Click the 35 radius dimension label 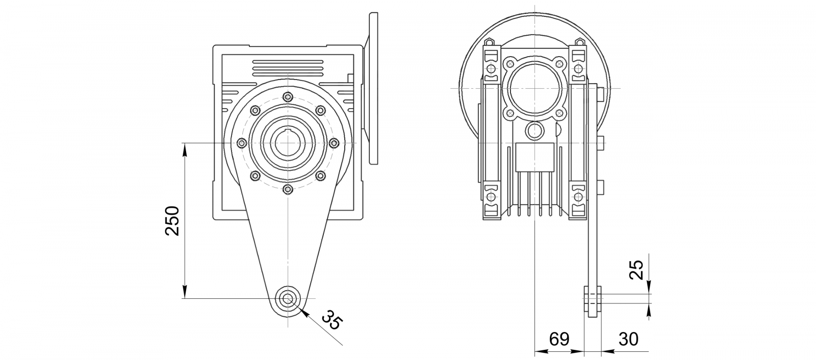[333, 320]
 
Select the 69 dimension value [559, 339]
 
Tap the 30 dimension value [628, 339]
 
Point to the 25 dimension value [637, 270]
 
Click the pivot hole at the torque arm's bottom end [288, 298]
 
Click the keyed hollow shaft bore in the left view [288, 143]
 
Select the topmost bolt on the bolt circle [288, 97]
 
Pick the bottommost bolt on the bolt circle [288, 189]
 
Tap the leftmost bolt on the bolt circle [242, 143]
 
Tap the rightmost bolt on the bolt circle [334, 143]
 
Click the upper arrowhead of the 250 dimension [185, 149]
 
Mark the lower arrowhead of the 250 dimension [185, 292]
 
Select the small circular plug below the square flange [534, 130]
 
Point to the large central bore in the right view [534, 89]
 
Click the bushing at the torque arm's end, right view [593, 298]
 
